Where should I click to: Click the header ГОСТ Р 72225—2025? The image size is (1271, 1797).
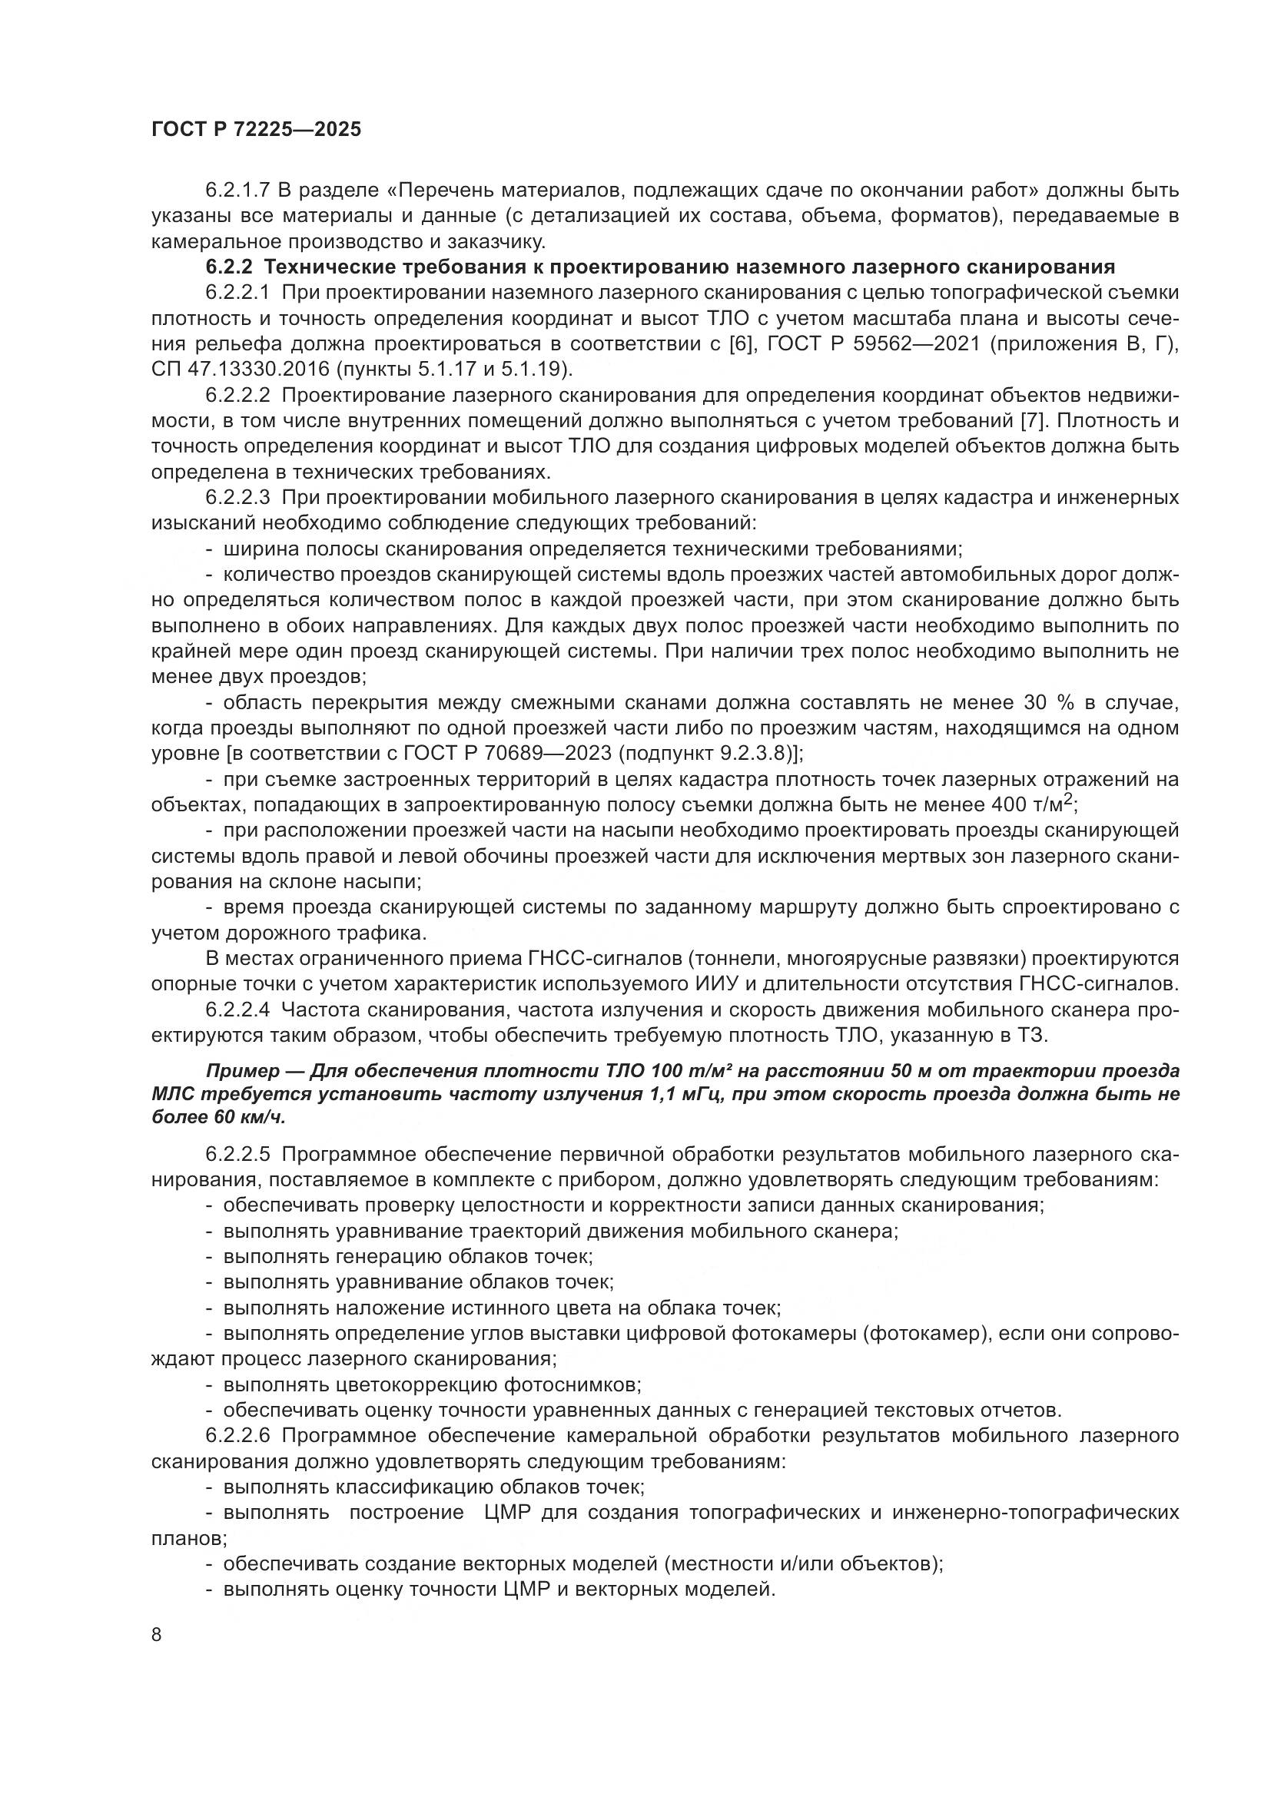click(256, 129)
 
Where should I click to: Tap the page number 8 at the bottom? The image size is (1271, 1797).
click(157, 1635)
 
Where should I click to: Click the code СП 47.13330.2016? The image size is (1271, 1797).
click(236, 370)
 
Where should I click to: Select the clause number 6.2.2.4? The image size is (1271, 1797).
click(238, 1010)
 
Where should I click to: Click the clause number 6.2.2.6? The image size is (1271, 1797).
click(238, 1435)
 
